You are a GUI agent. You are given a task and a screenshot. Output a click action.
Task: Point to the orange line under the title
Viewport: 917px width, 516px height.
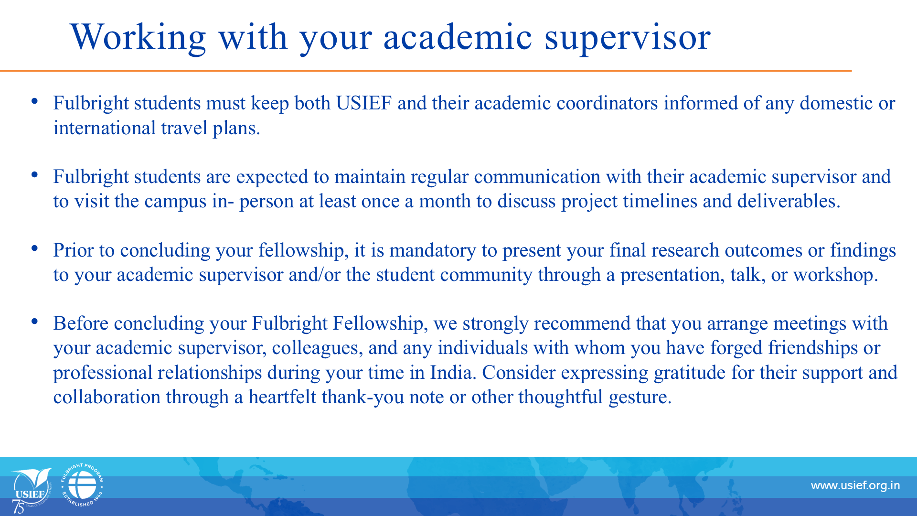426,71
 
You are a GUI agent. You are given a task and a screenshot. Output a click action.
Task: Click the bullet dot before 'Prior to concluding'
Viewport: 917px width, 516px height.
34,248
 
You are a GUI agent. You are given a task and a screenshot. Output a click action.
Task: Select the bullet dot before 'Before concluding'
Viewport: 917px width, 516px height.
34,321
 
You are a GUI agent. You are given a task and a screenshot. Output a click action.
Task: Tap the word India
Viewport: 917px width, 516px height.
453,373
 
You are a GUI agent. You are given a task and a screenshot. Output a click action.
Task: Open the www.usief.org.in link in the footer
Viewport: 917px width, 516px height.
855,486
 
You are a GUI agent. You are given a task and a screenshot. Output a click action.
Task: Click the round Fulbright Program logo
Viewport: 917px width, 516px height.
82,485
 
